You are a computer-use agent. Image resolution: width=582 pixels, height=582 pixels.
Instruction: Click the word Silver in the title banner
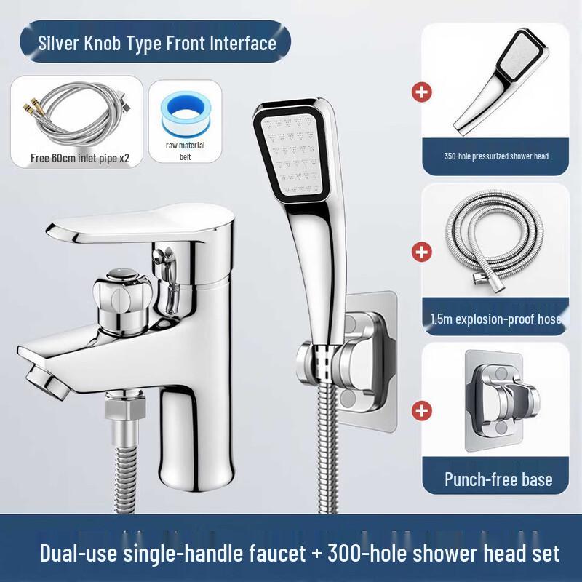pos(59,43)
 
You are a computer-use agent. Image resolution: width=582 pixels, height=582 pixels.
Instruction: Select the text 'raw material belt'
pos(186,151)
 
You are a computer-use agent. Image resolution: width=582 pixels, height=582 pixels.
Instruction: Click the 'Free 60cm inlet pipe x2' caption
pos(80,158)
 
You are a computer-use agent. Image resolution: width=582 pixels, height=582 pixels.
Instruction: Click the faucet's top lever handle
pos(140,225)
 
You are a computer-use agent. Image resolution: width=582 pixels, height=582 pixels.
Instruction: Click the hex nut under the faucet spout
pos(124,406)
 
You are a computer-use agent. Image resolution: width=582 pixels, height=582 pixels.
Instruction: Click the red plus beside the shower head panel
pos(422,92)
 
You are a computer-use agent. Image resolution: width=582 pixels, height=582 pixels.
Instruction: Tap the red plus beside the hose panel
pos(422,252)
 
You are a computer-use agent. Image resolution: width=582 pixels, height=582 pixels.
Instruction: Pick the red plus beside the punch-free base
pos(422,411)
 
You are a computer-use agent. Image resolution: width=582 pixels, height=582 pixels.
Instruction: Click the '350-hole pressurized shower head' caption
pos(496,156)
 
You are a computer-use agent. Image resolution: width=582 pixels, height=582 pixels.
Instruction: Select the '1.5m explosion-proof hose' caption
pos(496,319)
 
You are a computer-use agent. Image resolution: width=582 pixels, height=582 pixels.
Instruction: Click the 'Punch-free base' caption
pos(498,479)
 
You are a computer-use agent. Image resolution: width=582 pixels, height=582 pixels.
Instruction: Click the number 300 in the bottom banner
pos(346,553)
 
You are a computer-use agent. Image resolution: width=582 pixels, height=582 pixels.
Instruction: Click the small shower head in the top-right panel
pos(501,81)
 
